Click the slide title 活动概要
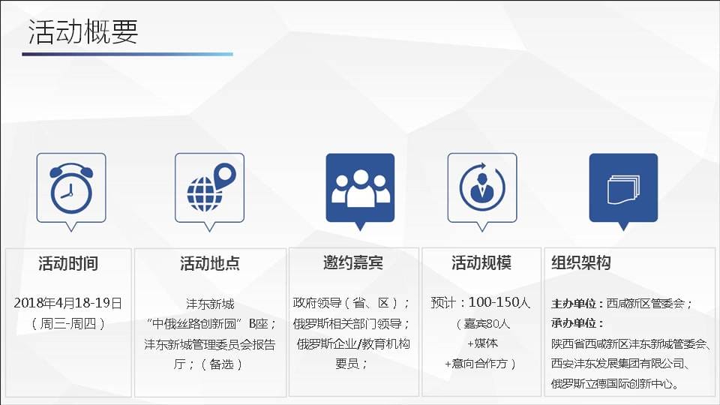point(83,31)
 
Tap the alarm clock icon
point(71,188)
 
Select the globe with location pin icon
point(211,187)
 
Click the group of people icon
point(361,187)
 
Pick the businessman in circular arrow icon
point(482,187)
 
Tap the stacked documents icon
point(623,189)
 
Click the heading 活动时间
point(68,263)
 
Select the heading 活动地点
point(210,263)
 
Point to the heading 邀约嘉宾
point(353,262)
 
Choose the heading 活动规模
point(481,262)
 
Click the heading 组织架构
point(580,262)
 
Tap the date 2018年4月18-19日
point(68,303)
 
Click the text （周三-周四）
point(68,324)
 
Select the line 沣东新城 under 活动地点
point(210,304)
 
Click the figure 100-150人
point(499,302)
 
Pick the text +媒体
point(482,343)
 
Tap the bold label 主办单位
point(574,304)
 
